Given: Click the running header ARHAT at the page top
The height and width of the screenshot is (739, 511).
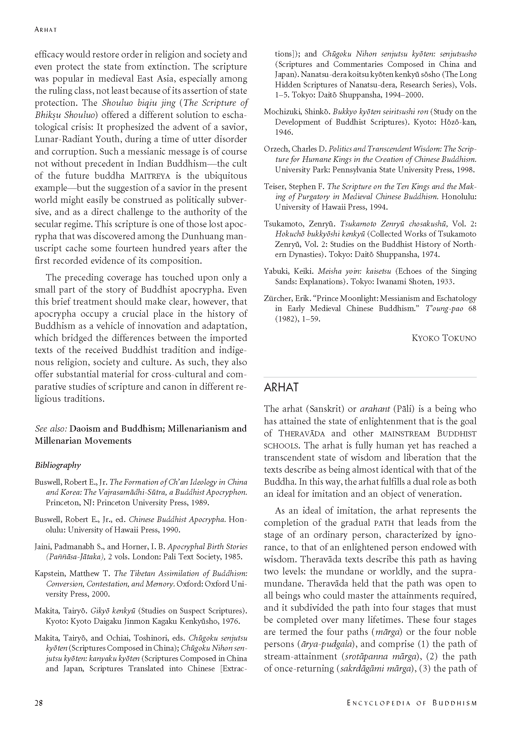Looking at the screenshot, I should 46,30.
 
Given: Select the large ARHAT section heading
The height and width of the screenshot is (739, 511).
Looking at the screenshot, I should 281,387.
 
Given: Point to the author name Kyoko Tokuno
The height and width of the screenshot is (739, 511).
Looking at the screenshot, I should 444,338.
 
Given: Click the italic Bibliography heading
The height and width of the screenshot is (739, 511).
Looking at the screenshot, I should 58,465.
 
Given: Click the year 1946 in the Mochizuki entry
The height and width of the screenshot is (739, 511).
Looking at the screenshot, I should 284,132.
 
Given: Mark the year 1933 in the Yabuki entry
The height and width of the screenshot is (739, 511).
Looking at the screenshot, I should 445,281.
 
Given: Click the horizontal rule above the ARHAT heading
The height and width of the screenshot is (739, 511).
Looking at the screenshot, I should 370,377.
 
